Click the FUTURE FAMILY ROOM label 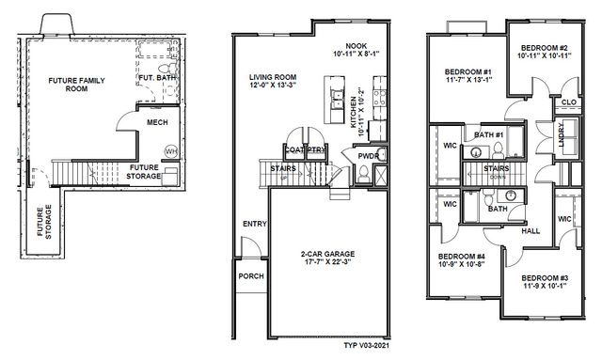(x=76, y=86)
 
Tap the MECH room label (x=157, y=122)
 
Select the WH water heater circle (x=171, y=150)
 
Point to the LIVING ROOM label (x=272, y=78)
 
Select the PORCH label (x=251, y=276)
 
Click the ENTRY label (x=254, y=224)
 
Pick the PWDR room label (x=368, y=157)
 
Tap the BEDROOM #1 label (x=467, y=72)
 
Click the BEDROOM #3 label (x=545, y=277)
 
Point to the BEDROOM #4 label (x=461, y=256)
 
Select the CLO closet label (x=568, y=102)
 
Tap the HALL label (x=531, y=228)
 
